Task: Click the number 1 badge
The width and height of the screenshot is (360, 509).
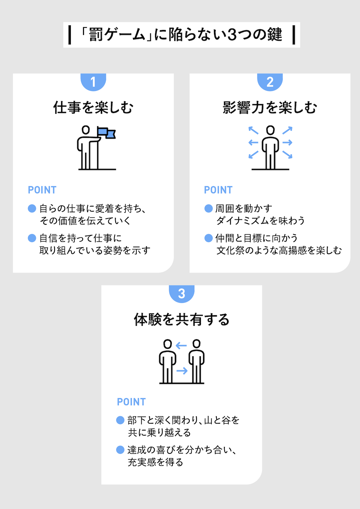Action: click(x=93, y=82)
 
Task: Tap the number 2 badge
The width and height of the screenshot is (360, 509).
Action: click(x=270, y=82)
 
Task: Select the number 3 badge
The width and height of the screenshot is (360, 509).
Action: click(x=182, y=294)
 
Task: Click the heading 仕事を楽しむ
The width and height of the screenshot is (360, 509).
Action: click(x=93, y=107)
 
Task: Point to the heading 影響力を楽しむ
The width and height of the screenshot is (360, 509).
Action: click(x=270, y=107)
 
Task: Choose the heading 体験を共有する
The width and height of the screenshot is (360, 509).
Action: click(x=182, y=319)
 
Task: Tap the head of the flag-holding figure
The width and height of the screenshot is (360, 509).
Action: click(x=86, y=130)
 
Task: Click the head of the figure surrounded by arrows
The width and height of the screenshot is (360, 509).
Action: click(x=271, y=130)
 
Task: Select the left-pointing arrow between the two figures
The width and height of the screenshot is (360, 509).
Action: click(x=181, y=345)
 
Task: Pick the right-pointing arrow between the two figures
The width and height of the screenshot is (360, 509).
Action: click(x=182, y=371)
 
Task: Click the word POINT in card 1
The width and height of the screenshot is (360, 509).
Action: click(x=42, y=190)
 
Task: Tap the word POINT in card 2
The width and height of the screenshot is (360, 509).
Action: click(x=218, y=190)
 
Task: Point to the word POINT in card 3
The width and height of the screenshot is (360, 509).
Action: click(x=131, y=402)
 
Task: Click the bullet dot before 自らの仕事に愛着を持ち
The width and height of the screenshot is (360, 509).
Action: click(x=32, y=208)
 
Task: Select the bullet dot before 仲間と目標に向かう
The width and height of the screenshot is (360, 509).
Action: click(x=208, y=238)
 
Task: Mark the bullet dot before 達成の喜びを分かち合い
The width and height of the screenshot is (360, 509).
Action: click(x=120, y=450)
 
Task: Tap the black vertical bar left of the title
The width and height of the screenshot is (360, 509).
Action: click(x=70, y=35)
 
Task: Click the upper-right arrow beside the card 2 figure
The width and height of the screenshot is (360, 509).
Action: click(x=287, y=130)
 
